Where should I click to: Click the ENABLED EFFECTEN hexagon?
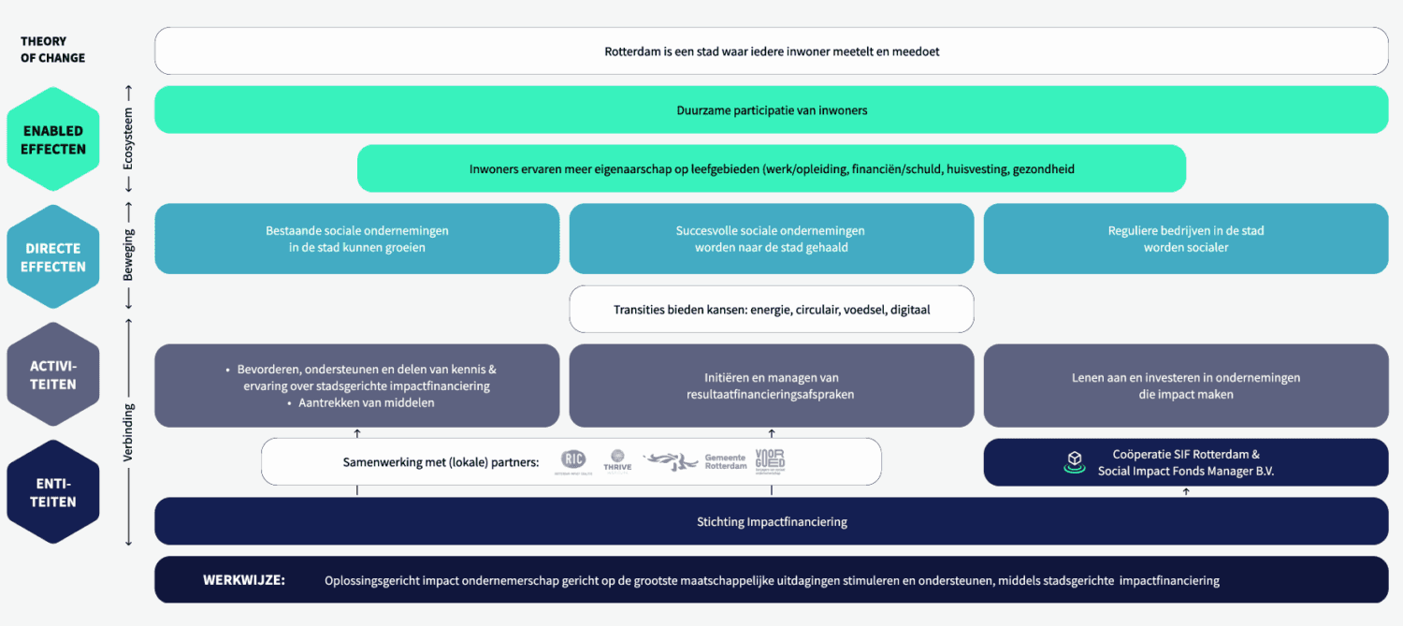point(53,139)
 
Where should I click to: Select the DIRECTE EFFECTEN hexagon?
point(53,257)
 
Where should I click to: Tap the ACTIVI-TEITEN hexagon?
point(53,374)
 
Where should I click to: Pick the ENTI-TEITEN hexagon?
point(53,492)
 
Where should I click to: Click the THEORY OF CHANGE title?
point(52,50)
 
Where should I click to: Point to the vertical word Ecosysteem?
point(129,138)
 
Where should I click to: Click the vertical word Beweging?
point(129,255)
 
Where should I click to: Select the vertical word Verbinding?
point(129,432)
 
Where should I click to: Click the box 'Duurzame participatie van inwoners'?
point(771,110)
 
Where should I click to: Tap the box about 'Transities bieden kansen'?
point(771,309)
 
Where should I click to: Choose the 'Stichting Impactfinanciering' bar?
point(771,521)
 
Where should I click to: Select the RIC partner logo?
point(573,459)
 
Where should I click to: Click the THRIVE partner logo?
point(617,459)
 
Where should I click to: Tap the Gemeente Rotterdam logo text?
point(726,461)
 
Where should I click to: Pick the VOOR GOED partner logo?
point(770,460)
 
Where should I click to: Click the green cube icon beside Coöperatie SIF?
point(1075,461)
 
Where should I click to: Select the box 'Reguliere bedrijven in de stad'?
point(1185,239)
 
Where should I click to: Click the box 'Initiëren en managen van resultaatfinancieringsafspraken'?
point(771,386)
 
